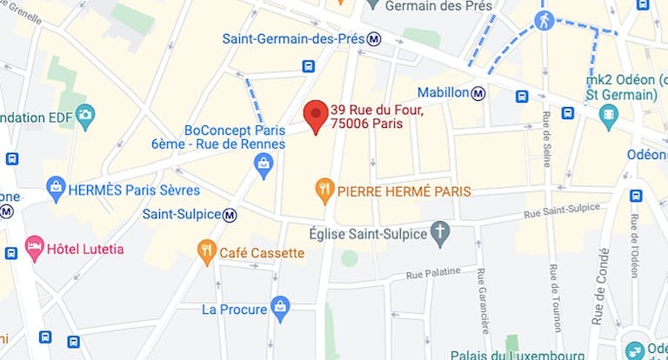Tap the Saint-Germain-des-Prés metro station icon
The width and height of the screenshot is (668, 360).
pyautogui.click(x=374, y=38)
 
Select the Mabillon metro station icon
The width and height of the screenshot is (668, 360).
pyautogui.click(x=479, y=92)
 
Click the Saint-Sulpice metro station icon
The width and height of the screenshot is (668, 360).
pyautogui.click(x=230, y=214)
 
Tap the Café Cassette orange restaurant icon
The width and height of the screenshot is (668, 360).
pyautogui.click(x=206, y=253)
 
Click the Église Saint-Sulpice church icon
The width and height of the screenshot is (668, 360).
pyautogui.click(x=441, y=233)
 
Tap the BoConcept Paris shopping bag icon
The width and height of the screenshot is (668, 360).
pyautogui.click(x=264, y=163)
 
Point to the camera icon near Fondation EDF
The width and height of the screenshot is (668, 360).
pyautogui.click(x=84, y=115)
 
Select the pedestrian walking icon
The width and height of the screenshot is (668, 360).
pyautogui.click(x=544, y=21)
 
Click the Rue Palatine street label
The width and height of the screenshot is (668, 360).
pyautogui.click(x=432, y=273)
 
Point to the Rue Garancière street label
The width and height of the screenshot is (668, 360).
pyautogui.click(x=483, y=301)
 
